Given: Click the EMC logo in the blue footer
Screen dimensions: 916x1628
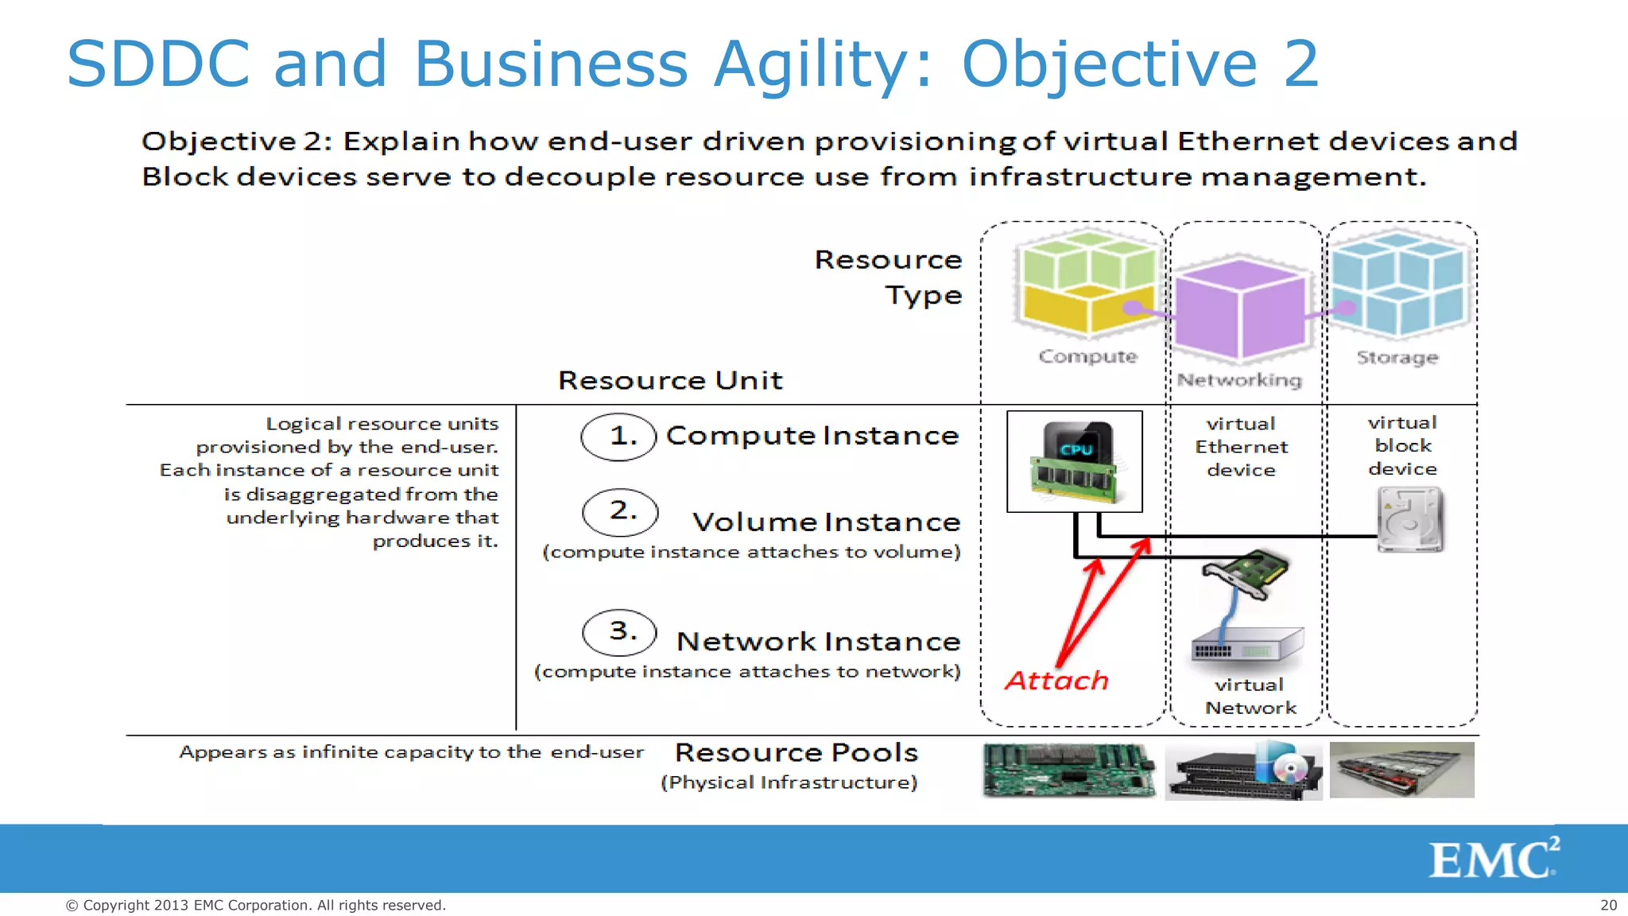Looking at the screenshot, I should [x=1493, y=859].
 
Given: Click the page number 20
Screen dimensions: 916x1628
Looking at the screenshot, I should [x=1608, y=905].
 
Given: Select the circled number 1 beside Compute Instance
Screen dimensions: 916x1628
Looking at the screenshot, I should [x=618, y=437].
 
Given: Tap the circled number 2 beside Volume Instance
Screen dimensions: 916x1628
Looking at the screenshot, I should [x=620, y=512].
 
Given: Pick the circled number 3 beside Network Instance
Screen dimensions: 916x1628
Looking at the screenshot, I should [x=619, y=632].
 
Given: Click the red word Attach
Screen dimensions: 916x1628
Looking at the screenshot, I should [x=1056, y=681].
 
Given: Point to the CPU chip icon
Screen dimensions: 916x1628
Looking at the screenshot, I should [x=1075, y=462].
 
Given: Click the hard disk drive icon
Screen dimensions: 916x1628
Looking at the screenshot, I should [x=1409, y=520].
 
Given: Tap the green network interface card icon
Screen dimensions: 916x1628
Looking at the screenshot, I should [x=1246, y=574].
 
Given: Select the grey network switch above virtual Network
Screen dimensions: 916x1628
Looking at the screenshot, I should [x=1247, y=646].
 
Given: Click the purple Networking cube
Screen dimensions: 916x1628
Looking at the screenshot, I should [x=1240, y=310].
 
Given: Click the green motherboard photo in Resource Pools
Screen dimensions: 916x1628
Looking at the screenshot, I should [x=1068, y=770].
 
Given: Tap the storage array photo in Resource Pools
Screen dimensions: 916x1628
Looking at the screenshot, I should [x=1401, y=770].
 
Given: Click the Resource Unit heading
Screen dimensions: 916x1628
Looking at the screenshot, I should [x=670, y=380].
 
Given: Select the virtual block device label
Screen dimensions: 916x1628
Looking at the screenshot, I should [x=1402, y=445].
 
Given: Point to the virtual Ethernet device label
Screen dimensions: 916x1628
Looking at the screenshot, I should [x=1241, y=447].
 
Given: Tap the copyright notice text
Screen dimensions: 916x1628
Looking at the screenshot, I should [x=255, y=905].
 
